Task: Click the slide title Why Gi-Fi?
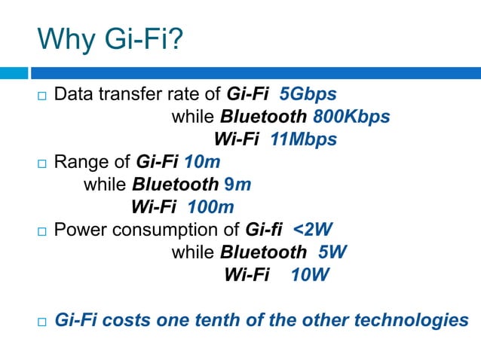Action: tap(110, 38)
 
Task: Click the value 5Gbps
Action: tap(308, 95)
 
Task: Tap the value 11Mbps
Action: tap(302, 139)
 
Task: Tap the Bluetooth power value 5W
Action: tap(332, 252)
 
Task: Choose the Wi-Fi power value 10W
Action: tap(310, 275)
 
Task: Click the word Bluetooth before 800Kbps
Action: tap(263, 117)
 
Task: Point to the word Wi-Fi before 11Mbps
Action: tap(237, 139)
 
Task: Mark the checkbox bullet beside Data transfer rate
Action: tap(41, 96)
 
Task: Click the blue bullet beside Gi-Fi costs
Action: tap(41, 322)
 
